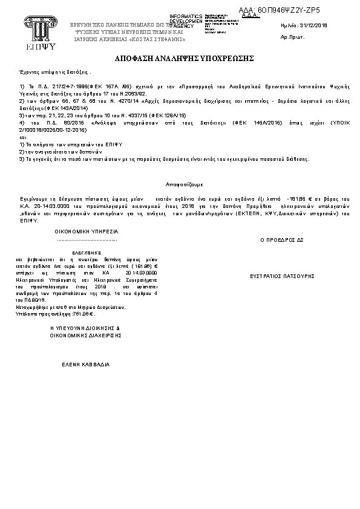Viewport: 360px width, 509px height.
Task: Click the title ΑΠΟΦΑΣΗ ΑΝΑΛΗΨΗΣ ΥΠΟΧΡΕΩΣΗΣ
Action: [180, 59]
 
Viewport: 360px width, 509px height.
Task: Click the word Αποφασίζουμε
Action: [185, 183]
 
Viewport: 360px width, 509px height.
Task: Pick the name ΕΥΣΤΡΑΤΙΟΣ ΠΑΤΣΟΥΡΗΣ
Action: [283, 275]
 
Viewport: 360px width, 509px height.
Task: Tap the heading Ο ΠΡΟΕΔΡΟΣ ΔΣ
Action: [281, 239]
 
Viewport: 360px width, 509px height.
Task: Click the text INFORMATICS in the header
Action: [182, 16]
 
